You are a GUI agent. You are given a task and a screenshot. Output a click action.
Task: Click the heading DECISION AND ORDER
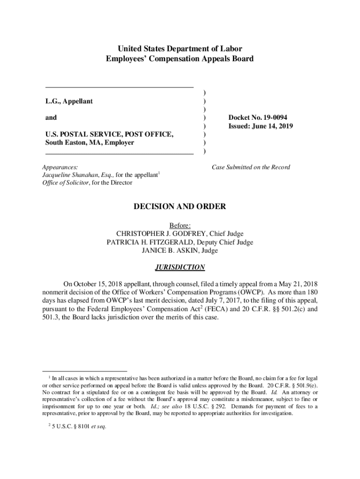click(180, 206)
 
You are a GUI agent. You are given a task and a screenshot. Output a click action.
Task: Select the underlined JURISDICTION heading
click(180, 267)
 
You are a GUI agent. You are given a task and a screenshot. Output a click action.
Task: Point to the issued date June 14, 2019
click(273, 126)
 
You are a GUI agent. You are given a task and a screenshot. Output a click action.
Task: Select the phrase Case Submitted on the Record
click(251, 167)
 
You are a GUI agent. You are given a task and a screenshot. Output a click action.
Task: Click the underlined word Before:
click(180, 225)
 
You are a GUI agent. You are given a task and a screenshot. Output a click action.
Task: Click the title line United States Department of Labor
click(180, 49)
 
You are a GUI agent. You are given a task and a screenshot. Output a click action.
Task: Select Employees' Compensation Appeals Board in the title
click(180, 59)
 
